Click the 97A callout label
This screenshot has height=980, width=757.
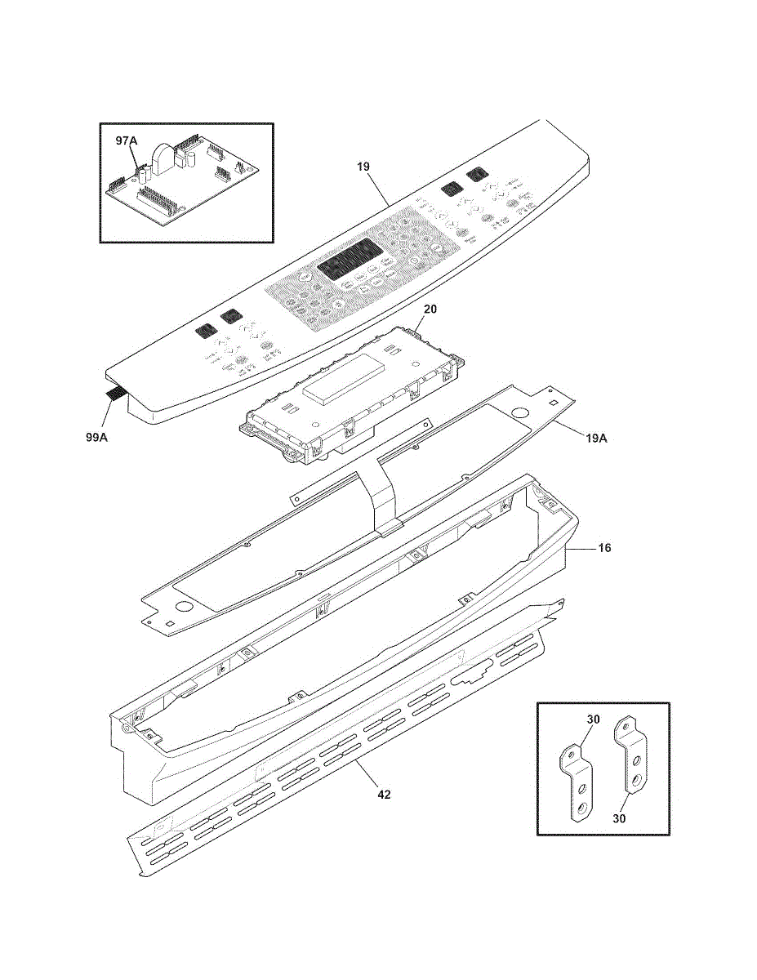[127, 140]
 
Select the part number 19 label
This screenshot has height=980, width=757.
[363, 167]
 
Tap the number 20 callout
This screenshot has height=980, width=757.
[430, 310]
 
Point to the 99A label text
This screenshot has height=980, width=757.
[98, 438]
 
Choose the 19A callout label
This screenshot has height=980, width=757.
[596, 438]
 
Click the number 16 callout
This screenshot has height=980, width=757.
[604, 548]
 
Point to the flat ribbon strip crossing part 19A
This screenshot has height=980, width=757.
[382, 494]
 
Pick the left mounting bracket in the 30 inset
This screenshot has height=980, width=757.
[576, 780]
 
